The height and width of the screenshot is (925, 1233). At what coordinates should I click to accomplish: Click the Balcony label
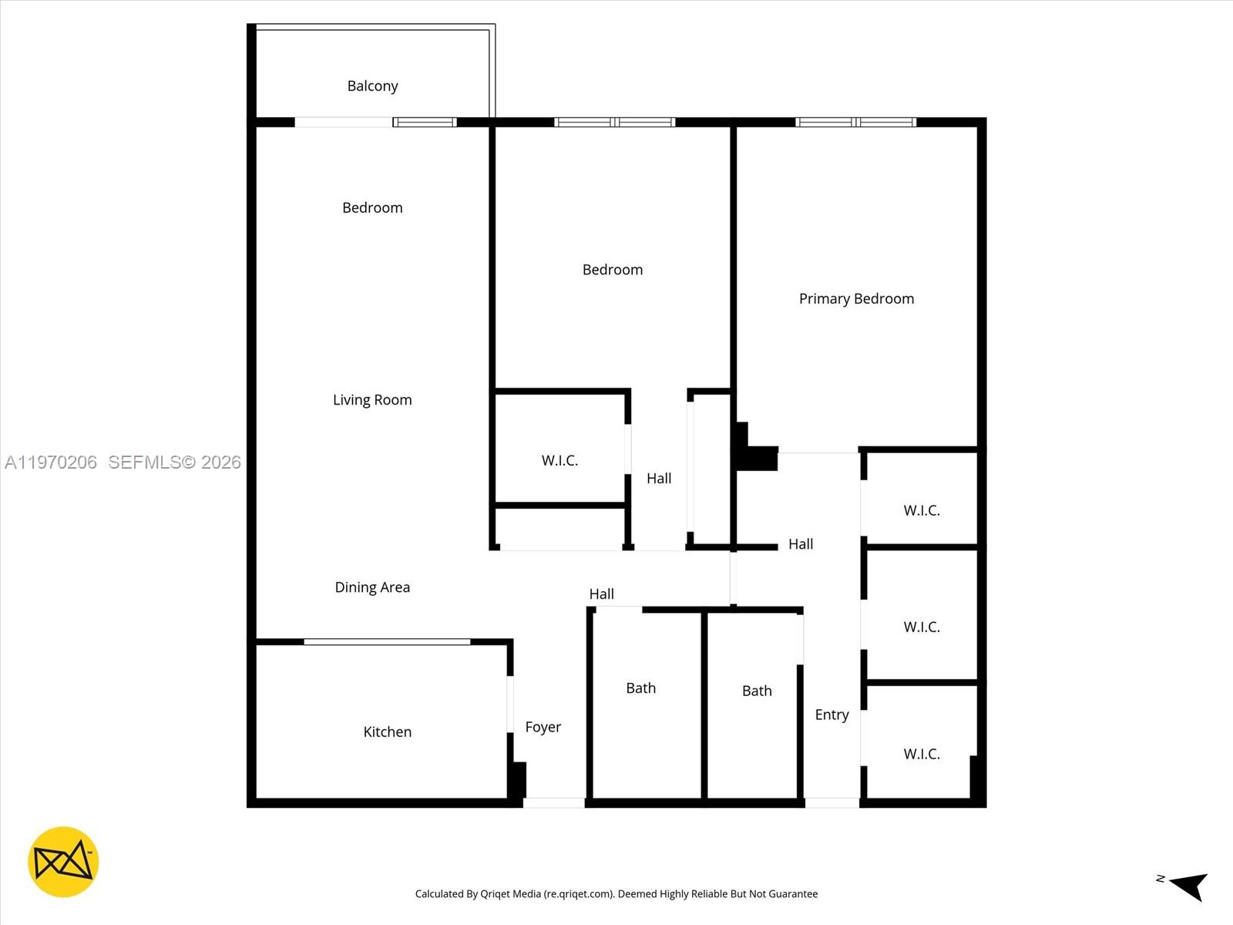click(372, 86)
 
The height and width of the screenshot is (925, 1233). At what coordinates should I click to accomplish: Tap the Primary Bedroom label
click(856, 299)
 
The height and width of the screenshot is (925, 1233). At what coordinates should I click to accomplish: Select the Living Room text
click(372, 400)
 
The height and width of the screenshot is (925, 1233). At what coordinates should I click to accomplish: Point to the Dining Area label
click(372, 587)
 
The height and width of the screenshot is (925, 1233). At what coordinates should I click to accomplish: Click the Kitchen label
click(387, 732)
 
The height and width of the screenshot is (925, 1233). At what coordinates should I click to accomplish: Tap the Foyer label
click(543, 727)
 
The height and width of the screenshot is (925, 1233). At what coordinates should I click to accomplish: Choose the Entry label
click(832, 715)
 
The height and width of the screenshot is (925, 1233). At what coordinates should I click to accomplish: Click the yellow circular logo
click(63, 862)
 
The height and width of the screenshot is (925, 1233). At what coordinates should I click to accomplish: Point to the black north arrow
click(1188, 885)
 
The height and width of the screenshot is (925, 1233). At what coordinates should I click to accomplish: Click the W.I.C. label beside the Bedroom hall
click(559, 460)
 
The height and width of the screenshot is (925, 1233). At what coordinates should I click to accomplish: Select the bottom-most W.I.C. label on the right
click(922, 754)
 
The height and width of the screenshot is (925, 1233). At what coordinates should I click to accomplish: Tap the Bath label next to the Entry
click(757, 691)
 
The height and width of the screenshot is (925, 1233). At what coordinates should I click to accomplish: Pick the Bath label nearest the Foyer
click(640, 688)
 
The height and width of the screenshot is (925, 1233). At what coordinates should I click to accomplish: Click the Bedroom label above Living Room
click(372, 207)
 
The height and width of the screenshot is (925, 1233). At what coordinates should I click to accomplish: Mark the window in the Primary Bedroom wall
click(855, 122)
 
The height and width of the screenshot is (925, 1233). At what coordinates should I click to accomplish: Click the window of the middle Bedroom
click(614, 122)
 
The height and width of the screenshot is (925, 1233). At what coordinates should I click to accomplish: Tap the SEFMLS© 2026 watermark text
click(174, 462)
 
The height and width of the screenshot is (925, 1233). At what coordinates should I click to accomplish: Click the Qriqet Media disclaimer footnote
click(616, 894)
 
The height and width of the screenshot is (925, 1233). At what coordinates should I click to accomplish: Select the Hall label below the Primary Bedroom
click(801, 544)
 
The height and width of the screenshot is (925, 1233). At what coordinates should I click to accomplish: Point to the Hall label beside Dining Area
click(601, 594)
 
